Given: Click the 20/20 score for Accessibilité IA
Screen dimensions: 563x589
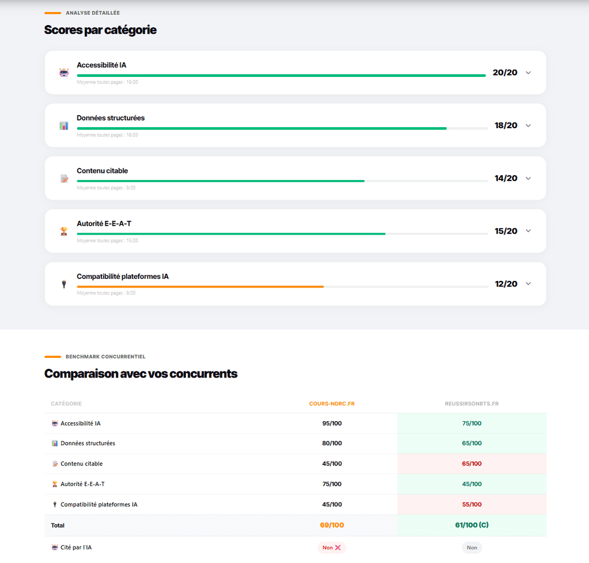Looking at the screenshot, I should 504,73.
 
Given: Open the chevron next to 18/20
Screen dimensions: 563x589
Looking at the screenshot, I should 528,125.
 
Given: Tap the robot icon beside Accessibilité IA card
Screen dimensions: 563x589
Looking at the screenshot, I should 64,73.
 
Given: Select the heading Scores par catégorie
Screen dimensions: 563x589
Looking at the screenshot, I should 100,30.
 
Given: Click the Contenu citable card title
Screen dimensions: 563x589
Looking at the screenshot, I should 102,171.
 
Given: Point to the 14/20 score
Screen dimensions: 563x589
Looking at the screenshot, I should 506,178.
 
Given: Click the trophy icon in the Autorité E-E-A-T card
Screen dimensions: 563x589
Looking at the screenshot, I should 64,231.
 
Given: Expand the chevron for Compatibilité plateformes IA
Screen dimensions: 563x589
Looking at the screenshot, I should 528,284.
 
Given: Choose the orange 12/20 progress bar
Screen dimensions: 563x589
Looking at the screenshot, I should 200,286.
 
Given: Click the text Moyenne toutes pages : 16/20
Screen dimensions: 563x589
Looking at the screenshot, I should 107,135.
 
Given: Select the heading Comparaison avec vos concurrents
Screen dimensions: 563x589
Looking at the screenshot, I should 141,374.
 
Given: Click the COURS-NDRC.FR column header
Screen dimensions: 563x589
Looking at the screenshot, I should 332,404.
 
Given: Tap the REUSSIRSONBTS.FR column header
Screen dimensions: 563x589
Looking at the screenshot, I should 472,404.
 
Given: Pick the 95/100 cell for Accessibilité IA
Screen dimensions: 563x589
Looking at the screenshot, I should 332,423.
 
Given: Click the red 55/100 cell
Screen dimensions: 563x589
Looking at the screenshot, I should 472,505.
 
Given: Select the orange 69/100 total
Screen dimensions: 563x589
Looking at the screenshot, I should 332,525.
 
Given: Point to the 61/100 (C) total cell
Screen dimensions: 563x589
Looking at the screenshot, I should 472,525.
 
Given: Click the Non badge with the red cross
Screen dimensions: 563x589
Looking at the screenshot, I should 332,548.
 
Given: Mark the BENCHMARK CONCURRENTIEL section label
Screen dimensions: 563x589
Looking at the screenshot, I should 105,357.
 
